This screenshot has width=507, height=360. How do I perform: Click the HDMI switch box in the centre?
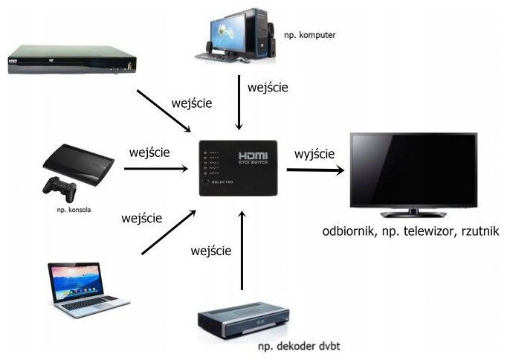click(238, 168)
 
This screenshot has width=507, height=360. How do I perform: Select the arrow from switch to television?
click(315, 170)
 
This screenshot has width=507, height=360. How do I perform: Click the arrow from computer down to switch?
click(239, 104)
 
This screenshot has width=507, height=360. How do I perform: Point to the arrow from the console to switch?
click(155, 170)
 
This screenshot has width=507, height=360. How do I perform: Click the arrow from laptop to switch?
click(168, 233)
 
